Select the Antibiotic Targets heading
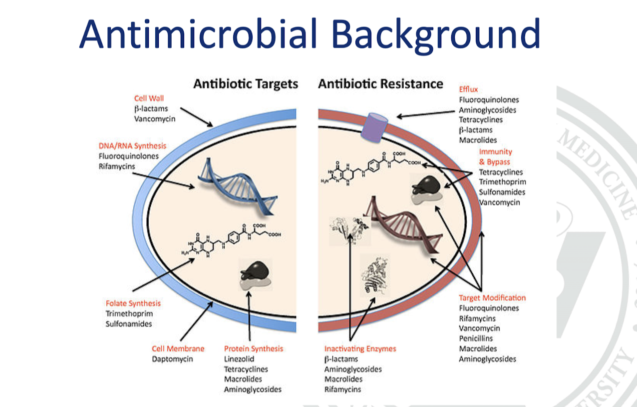tap(246, 83)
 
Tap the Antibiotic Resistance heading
tap(380, 83)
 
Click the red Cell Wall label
tap(149, 98)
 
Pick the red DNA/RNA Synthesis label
tap(132, 146)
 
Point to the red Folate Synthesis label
tap(133, 303)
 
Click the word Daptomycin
tap(172, 358)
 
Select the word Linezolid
tap(239, 359)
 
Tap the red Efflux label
tap(468, 89)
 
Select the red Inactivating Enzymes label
tap(360, 348)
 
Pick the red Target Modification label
tap(492, 298)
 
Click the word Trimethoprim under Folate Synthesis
tap(129, 313)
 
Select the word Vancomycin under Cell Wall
tap(155, 118)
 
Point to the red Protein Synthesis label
tap(254, 348)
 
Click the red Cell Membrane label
tap(178, 348)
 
